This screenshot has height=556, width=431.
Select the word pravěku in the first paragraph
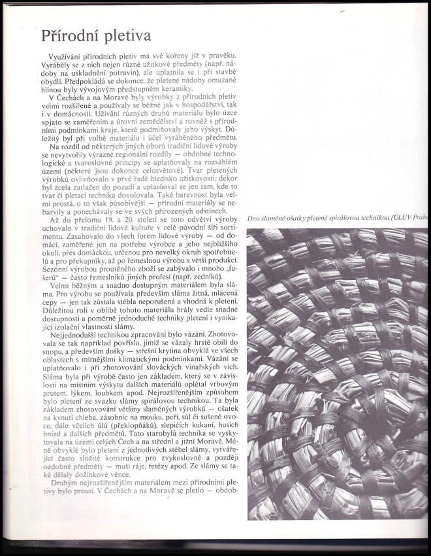click(219, 59)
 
